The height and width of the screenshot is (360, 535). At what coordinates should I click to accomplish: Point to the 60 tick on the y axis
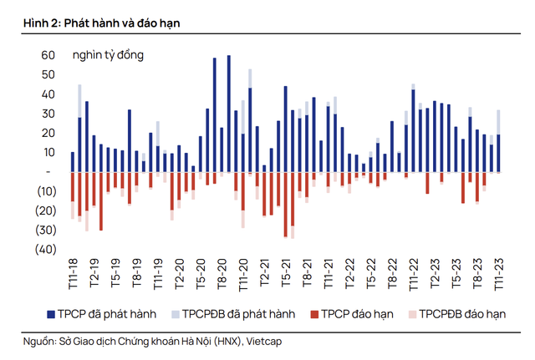point(48,55)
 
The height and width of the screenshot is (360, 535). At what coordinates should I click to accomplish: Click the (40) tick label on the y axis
point(44,249)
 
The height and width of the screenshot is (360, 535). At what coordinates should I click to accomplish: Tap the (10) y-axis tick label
point(44,191)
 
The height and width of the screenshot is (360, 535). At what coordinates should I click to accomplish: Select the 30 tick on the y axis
point(48,114)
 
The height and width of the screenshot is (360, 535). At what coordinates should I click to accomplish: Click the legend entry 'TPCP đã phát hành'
point(109,314)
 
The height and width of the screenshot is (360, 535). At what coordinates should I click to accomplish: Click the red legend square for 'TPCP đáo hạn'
point(314,314)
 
